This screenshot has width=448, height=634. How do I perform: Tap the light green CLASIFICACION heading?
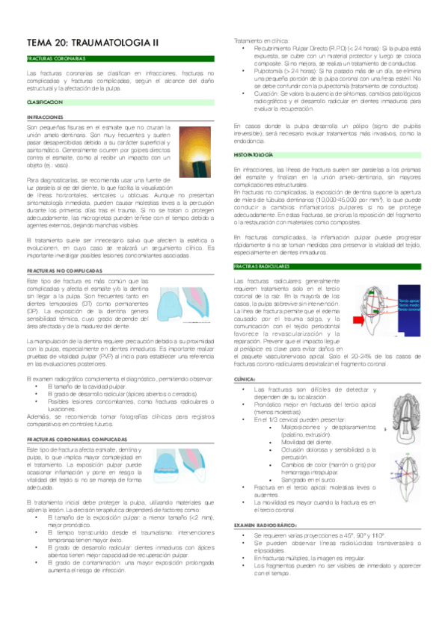[x=44, y=101]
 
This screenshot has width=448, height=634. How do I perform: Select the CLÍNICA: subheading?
[x=246, y=380]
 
